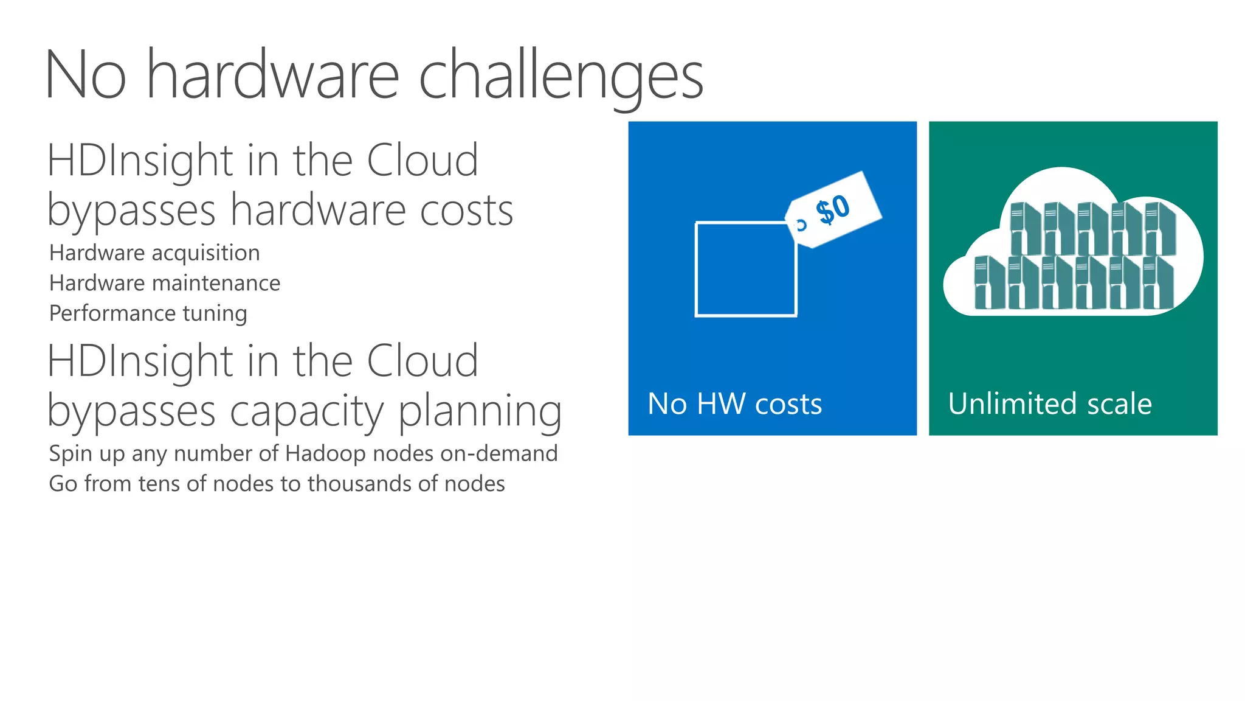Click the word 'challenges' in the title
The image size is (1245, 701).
560,76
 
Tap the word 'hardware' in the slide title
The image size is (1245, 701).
273,76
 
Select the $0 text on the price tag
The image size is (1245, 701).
833,209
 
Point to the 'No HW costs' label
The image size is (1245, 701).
734,404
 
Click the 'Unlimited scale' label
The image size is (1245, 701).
1050,404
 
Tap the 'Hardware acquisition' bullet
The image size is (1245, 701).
154,253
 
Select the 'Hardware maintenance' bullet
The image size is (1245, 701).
165,284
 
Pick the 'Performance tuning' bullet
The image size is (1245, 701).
148,313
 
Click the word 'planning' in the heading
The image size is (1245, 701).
480,411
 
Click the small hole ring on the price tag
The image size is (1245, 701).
801,225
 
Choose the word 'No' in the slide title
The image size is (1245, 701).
86,76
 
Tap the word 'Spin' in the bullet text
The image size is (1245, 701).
70,454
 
